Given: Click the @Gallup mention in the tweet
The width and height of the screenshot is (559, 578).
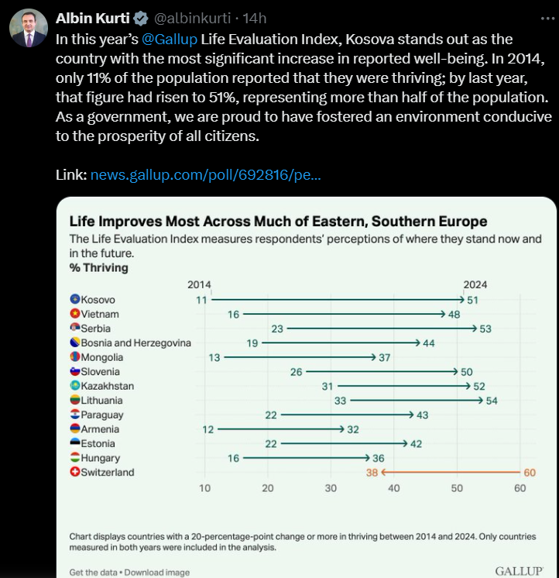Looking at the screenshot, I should coord(170,39).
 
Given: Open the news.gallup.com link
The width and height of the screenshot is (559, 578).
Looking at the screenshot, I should coord(205,175).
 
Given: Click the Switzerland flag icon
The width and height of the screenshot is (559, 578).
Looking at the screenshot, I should coord(75,472).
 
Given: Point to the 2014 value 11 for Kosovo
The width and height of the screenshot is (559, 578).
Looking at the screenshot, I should coord(201,300).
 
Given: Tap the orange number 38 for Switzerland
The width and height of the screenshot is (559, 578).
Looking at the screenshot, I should coord(372,472).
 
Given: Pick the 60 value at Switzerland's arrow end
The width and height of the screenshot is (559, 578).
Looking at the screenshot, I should coord(529,472).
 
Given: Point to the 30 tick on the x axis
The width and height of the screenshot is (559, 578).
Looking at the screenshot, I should coord(331,488).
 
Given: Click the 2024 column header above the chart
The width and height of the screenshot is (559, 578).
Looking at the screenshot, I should coord(475,284).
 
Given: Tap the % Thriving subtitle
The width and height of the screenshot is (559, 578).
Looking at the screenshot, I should coord(99,268).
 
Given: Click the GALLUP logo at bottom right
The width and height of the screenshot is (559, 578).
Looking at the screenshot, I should coord(519,571).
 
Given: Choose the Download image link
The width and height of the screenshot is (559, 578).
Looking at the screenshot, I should coord(157,573).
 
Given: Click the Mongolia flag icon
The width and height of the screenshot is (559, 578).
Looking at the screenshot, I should coord(75,357).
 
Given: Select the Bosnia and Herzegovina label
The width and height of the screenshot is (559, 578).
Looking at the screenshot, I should coord(135,343).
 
